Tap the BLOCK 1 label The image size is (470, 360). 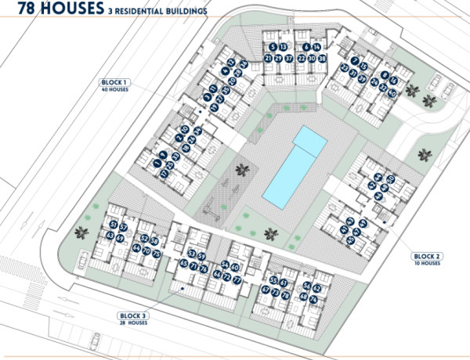[114, 82]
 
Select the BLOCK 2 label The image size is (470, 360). [428, 256]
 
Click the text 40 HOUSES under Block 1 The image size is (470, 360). [115, 90]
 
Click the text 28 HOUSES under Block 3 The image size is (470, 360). [134, 322]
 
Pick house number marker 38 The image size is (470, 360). [322, 59]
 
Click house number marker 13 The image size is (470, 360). [284, 48]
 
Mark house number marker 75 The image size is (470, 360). [157, 254]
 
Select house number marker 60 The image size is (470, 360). [235, 268]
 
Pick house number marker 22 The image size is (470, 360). [301, 59]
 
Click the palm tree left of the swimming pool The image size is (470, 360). [241, 169]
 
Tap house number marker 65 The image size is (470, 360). [183, 265]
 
